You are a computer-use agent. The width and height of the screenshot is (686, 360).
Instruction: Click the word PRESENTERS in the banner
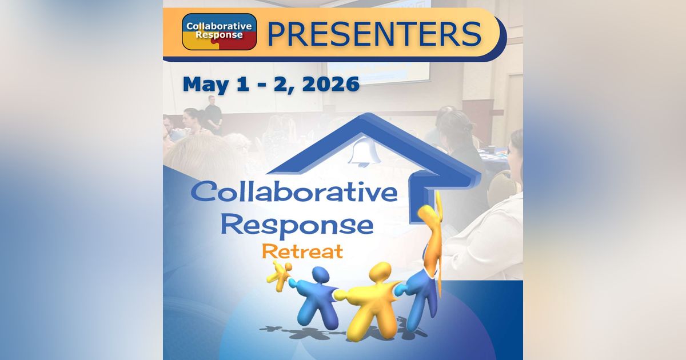374,34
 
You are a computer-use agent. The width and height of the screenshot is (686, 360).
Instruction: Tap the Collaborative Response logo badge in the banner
219,31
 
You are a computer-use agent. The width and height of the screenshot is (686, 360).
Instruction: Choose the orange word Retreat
302,251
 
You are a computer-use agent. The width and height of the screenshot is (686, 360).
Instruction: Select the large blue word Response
297,224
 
